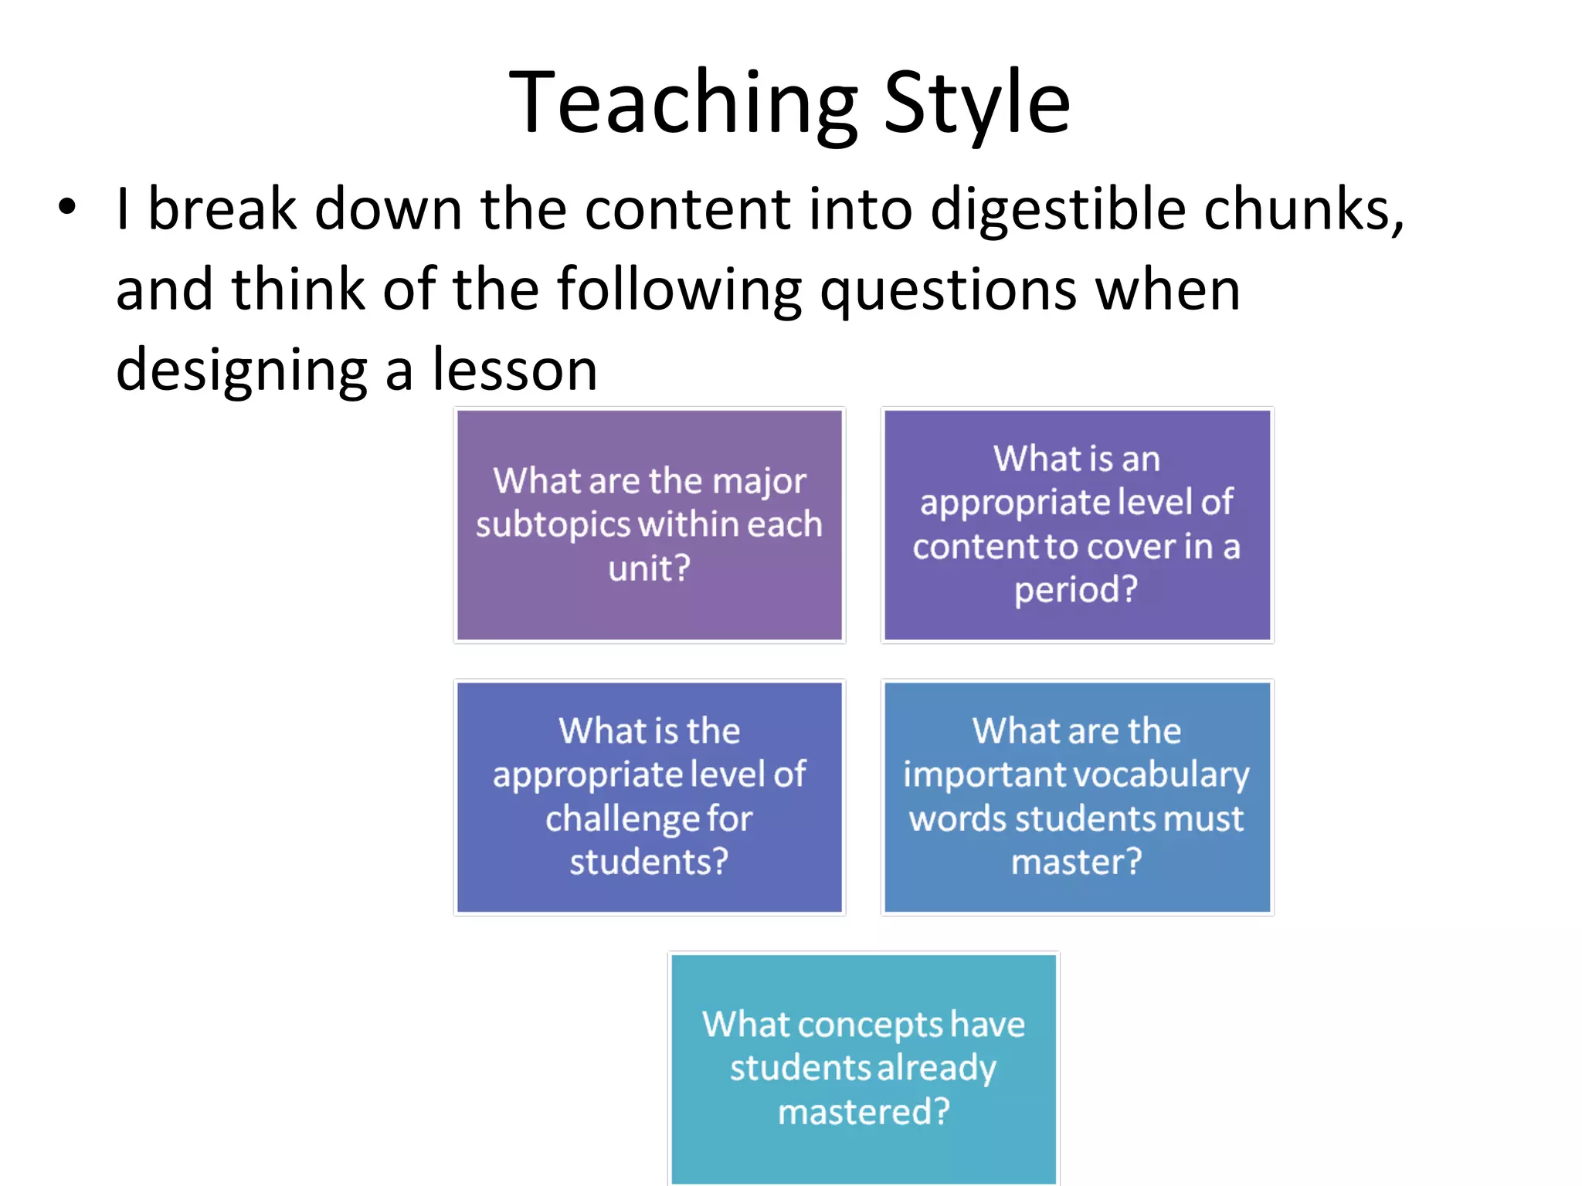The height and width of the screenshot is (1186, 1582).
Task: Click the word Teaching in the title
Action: click(683, 104)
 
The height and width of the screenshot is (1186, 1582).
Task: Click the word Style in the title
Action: click(976, 104)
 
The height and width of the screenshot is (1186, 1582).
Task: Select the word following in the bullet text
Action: click(680, 291)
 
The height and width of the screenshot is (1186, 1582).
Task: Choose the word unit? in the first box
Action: click(649, 569)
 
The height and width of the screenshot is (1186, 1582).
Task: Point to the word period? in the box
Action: click(1076, 590)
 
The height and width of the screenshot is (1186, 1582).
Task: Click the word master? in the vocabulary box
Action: click(1076, 862)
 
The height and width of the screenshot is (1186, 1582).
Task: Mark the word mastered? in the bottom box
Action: click(864, 1112)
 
